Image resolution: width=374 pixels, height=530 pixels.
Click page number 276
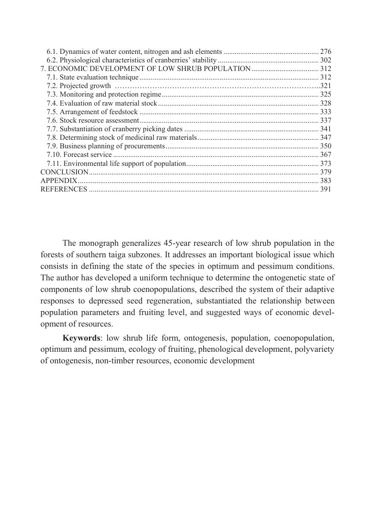point(326,52)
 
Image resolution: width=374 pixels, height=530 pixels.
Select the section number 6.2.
point(52,60)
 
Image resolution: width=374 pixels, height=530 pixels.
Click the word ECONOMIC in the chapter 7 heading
point(71,69)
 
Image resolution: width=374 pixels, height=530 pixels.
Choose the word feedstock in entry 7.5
point(123,112)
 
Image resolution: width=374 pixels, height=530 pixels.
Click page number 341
point(326,129)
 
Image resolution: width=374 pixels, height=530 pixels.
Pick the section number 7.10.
point(53,155)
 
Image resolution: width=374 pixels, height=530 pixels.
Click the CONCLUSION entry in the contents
point(64,172)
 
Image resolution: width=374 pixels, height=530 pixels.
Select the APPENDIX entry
point(59,181)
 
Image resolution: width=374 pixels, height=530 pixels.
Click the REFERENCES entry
point(64,189)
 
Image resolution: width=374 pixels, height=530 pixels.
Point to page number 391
point(326,189)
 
